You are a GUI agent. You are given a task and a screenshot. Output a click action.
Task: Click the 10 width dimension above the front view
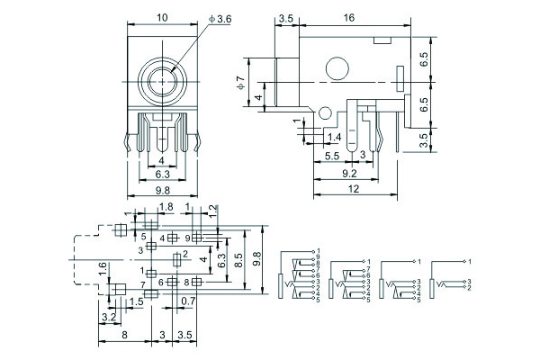pyautogui.click(x=163, y=18)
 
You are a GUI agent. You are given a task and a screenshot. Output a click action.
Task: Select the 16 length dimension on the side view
pyautogui.click(x=347, y=17)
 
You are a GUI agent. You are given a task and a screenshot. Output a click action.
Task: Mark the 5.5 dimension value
pyautogui.click(x=331, y=156)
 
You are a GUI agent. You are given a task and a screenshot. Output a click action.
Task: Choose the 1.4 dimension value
pyautogui.click(x=335, y=136)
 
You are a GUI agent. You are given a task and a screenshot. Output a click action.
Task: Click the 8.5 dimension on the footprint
pyautogui.click(x=238, y=259)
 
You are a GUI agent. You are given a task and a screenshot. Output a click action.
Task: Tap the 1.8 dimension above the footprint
pyautogui.click(x=166, y=207)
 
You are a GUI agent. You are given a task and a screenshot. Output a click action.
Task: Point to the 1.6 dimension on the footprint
pyautogui.click(x=103, y=268)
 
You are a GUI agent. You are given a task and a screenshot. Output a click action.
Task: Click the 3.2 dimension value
pyautogui.click(x=109, y=318)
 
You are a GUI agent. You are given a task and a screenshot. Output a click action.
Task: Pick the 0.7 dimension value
pyautogui.click(x=188, y=301)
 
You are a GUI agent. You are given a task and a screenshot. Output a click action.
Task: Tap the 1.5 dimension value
pyautogui.click(x=137, y=301)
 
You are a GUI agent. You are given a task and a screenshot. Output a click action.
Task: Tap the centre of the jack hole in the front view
pyautogui.click(x=163, y=81)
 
